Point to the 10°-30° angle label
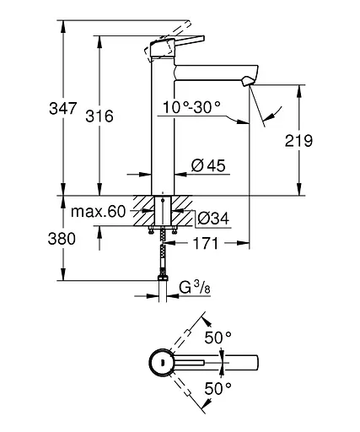pos(190,107)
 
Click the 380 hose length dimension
pos(40,239)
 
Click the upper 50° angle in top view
pos(218,337)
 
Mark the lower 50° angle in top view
pos(218,389)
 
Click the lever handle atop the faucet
pos(179,44)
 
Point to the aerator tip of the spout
pos(245,81)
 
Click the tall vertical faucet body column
pos(163,127)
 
